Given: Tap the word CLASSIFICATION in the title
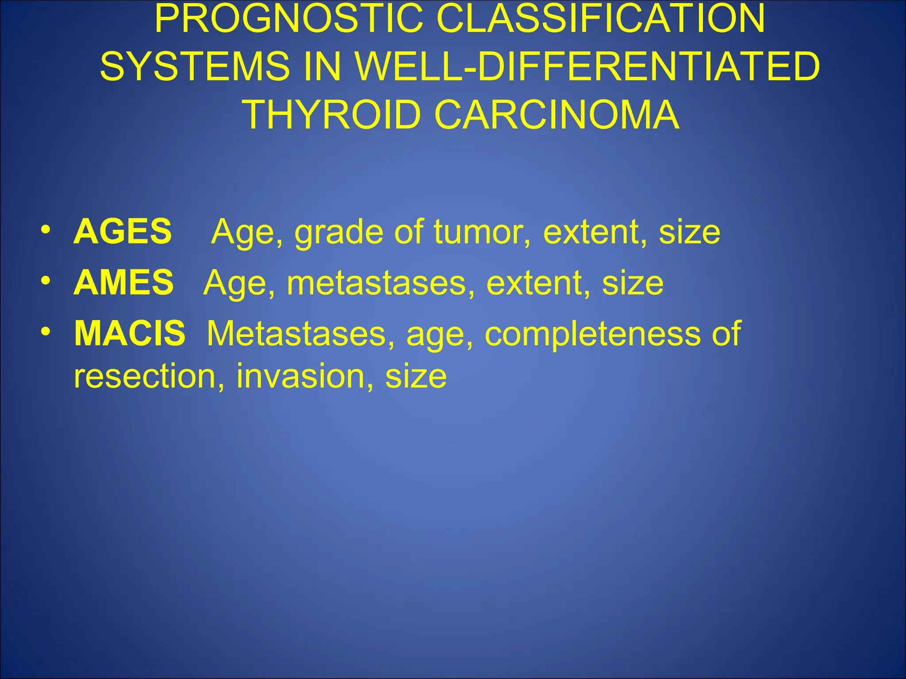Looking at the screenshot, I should [x=600, y=19].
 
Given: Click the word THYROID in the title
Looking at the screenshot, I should [x=332, y=115].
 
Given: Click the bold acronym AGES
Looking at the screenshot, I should [x=123, y=231].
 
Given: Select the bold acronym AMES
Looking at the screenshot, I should [x=123, y=282].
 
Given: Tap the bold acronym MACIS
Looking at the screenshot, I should [x=130, y=333].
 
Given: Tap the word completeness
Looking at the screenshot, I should [x=593, y=335].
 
